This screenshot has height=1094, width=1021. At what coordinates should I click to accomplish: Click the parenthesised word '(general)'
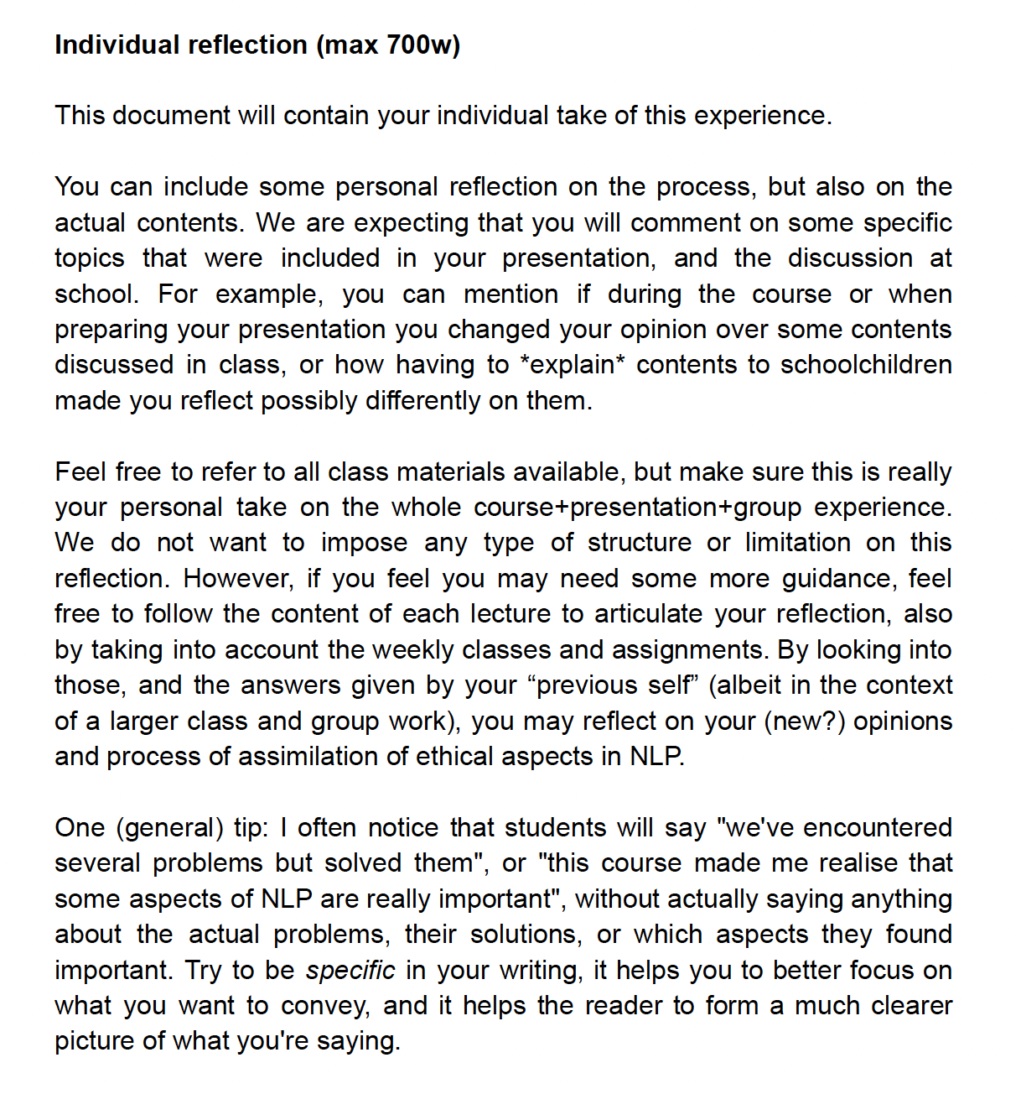pyautogui.click(x=169, y=828)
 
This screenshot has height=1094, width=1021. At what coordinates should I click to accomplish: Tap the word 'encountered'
pyautogui.click(x=878, y=828)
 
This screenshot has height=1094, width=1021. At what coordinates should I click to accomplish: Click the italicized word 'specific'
pyautogui.click(x=350, y=971)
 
